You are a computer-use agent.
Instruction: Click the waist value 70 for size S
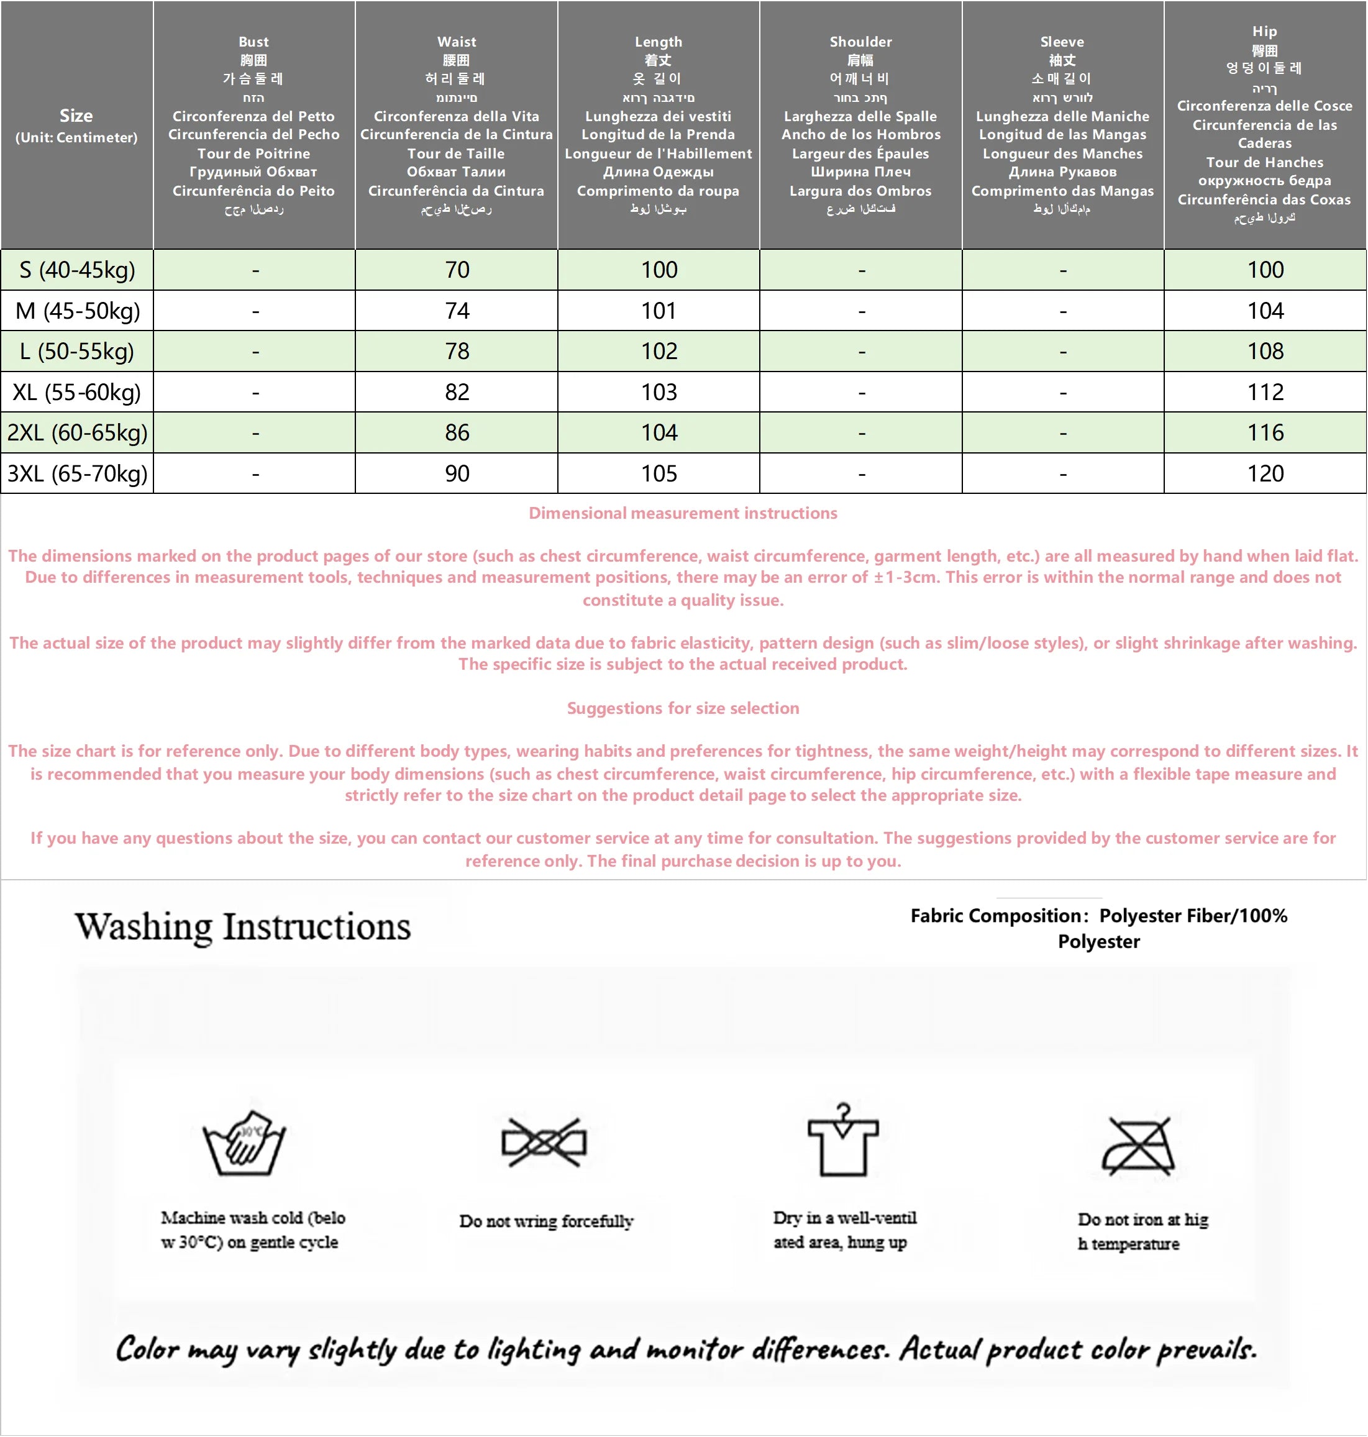pos(457,270)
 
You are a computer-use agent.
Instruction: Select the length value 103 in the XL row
pos(659,392)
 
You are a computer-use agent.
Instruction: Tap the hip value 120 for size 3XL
pos(1265,474)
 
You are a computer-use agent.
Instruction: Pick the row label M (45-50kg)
pos(77,311)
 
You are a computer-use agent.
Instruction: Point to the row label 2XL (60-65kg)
pos(77,433)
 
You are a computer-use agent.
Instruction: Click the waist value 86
pos(457,433)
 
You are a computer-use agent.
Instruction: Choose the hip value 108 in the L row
pos(1265,352)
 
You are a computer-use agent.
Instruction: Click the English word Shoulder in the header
pos(860,42)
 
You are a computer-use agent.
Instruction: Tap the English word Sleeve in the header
pos(1062,42)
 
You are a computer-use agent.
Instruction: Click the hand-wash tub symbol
pos(245,1143)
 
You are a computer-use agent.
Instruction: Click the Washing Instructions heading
pos(243,927)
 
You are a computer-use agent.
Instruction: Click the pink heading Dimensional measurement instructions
pos(683,513)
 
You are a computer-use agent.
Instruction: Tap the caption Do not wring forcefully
pos(546,1221)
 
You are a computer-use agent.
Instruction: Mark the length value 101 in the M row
pos(659,311)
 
